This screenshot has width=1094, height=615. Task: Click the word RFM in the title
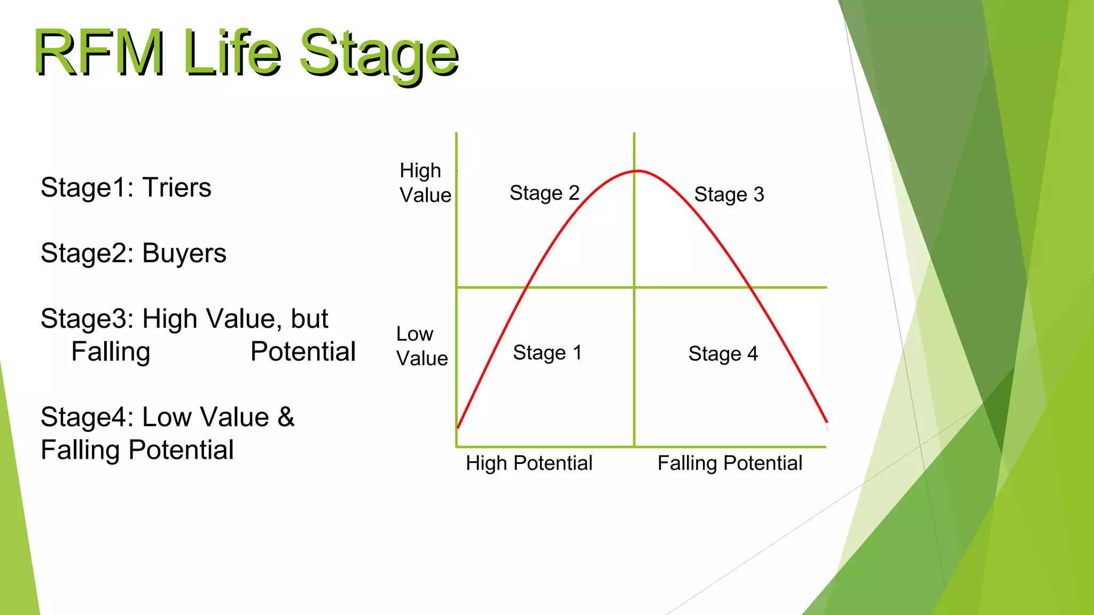click(x=99, y=53)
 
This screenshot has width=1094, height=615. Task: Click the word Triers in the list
click(x=177, y=188)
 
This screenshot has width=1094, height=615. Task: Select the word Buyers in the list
click(x=184, y=254)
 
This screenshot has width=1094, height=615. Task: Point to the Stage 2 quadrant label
click(x=544, y=193)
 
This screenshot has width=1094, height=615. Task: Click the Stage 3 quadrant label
click(x=729, y=195)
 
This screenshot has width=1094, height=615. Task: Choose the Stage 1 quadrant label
click(x=547, y=353)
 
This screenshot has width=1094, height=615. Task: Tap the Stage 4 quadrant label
click(x=723, y=354)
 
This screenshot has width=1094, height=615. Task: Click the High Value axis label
click(x=425, y=183)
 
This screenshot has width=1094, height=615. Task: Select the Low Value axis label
click(x=421, y=346)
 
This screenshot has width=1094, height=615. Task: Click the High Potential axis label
click(x=529, y=463)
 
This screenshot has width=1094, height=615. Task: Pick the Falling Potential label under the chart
click(x=729, y=463)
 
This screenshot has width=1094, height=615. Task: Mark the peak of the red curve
click(x=637, y=171)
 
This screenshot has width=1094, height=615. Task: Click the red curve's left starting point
click(x=458, y=427)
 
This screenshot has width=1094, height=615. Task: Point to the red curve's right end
click(x=826, y=422)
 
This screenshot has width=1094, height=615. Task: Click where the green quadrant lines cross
click(x=634, y=287)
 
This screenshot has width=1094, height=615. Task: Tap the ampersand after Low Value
click(x=286, y=417)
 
